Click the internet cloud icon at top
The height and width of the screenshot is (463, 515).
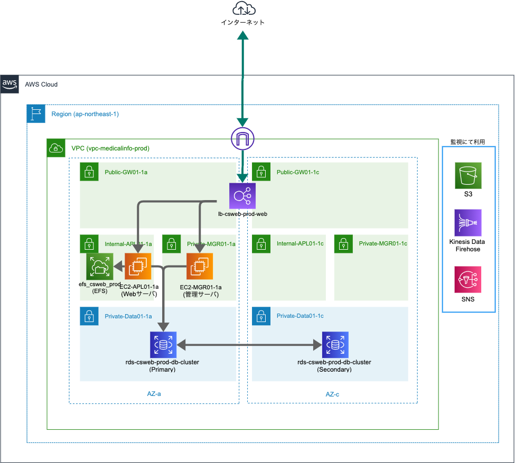click(242, 10)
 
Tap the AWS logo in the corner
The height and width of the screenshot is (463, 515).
click(10, 84)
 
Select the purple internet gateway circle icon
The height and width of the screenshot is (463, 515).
click(242, 139)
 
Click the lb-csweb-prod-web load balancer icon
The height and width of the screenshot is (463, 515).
click(242, 196)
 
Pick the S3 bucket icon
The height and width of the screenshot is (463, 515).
click(468, 176)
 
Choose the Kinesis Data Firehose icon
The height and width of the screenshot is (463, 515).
click(468, 222)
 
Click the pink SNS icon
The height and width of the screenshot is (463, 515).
click(468, 280)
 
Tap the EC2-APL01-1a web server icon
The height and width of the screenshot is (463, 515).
click(138, 266)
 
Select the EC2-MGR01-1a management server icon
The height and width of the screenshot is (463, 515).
click(200, 266)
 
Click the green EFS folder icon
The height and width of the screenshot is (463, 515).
click(99, 266)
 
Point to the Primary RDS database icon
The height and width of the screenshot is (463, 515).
click(163, 345)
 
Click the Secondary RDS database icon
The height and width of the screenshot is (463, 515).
click(335, 345)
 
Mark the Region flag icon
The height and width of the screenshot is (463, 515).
click(36, 114)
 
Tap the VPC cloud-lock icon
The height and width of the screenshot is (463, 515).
click(56, 148)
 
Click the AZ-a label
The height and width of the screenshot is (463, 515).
click(154, 394)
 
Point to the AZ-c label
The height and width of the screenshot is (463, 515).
click(333, 394)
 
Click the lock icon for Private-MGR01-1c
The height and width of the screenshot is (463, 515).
click(343, 244)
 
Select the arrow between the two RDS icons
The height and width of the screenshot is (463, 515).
click(249, 345)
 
